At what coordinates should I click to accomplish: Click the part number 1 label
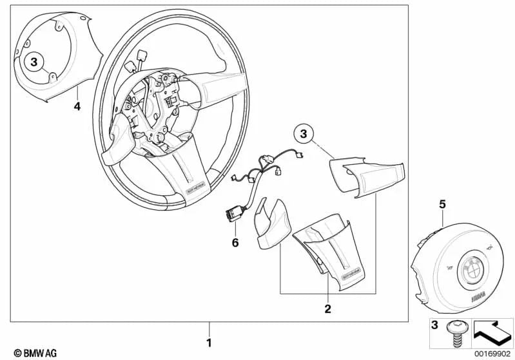(208, 342)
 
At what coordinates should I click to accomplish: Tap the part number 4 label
(77, 106)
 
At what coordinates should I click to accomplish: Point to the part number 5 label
(442, 204)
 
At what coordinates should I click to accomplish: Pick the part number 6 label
(235, 243)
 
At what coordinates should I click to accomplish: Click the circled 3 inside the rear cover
(35, 62)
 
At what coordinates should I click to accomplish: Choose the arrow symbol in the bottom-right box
(491, 332)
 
